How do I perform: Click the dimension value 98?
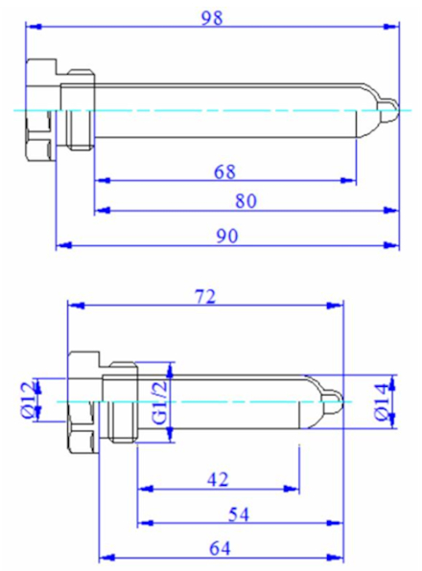212,18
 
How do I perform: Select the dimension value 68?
224,171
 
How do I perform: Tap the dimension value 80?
246,201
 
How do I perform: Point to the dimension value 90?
227,237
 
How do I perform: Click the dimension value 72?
206,297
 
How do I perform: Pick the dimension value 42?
218,480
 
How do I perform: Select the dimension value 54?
239,514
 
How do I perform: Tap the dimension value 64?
220,549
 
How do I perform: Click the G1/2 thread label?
159,402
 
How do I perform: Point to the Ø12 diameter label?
29,400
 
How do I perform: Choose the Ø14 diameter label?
383,402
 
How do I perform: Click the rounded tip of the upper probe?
387,110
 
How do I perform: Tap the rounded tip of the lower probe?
332,402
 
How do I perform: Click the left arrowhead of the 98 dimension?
35,27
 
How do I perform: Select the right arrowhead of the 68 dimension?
347,180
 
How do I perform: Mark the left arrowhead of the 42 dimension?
146,489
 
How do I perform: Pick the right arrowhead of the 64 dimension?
335,558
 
